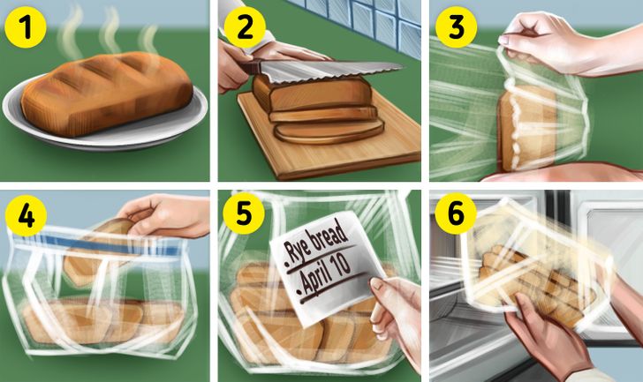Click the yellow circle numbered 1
point(26,27)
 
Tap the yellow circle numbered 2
point(245,27)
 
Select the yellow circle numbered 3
point(456,27)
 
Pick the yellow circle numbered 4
point(26,216)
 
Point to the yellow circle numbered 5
point(244,213)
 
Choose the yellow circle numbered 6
point(456,213)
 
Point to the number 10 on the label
point(340,264)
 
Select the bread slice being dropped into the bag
point(98,250)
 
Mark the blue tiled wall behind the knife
point(361,20)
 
